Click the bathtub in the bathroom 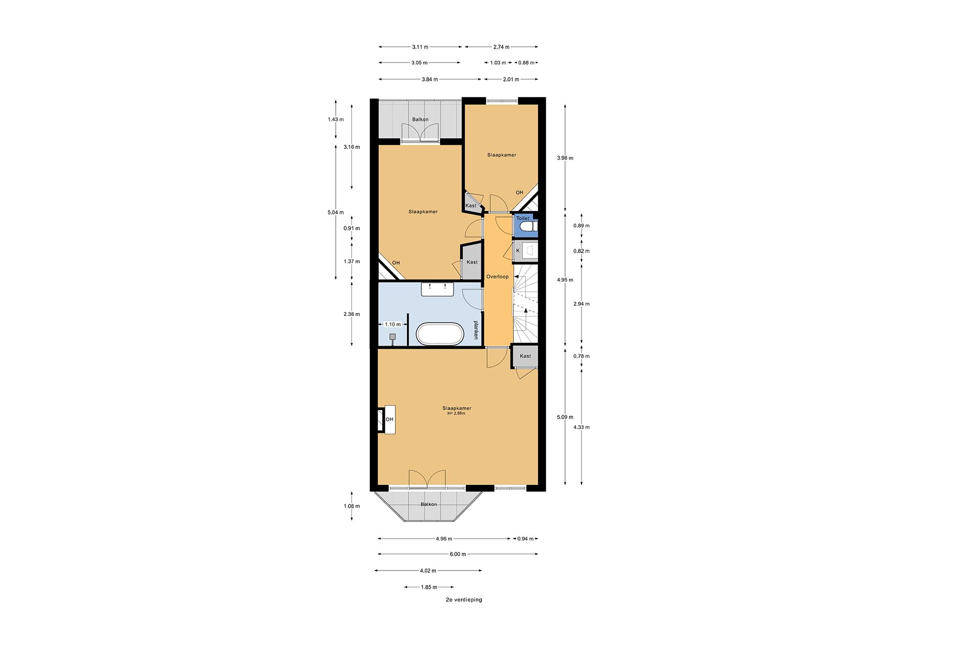439,334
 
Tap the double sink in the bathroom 437,289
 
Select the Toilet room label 522,218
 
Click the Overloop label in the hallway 497,277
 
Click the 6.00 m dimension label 458,554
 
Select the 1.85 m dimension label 429,587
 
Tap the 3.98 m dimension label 565,158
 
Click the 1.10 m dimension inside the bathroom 392,325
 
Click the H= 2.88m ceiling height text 456,414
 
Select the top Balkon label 420,119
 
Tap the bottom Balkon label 428,504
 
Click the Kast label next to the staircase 525,356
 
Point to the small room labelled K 518,251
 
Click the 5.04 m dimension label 335,213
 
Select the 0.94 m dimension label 525,539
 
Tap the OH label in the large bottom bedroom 389,419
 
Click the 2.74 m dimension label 501,47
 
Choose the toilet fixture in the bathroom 392,337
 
